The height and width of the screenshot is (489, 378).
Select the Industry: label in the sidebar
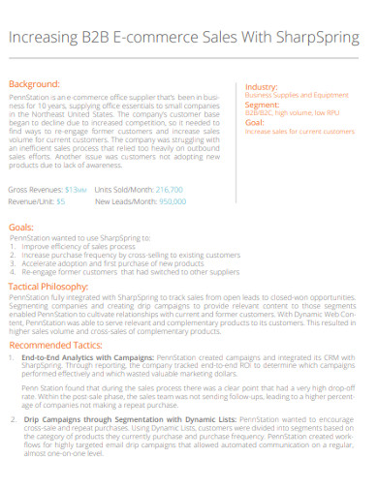262,86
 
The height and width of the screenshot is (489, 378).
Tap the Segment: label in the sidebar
263,105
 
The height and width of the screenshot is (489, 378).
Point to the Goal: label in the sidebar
256,123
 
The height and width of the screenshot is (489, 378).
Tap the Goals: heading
21,226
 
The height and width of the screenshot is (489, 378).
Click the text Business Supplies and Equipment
297,96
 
